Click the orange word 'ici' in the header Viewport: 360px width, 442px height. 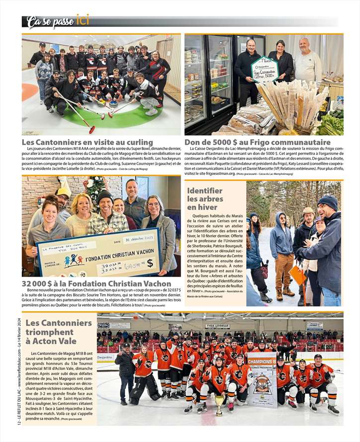pyautogui.click(x=83, y=20)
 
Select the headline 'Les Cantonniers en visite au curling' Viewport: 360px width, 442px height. pyautogui.click(x=87, y=142)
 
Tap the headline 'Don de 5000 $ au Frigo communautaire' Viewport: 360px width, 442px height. pyautogui.click(x=257, y=142)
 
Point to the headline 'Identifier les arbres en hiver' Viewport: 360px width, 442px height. pyautogui.click(x=205, y=199)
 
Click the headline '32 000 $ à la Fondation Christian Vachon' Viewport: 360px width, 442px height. pyautogui.click(x=96, y=284)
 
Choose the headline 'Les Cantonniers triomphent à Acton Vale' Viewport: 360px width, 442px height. pyautogui.click(x=59, y=332)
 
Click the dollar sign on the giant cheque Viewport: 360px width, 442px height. pyautogui.click(x=149, y=262)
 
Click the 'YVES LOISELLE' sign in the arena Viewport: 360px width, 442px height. pyautogui.click(x=217, y=326)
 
